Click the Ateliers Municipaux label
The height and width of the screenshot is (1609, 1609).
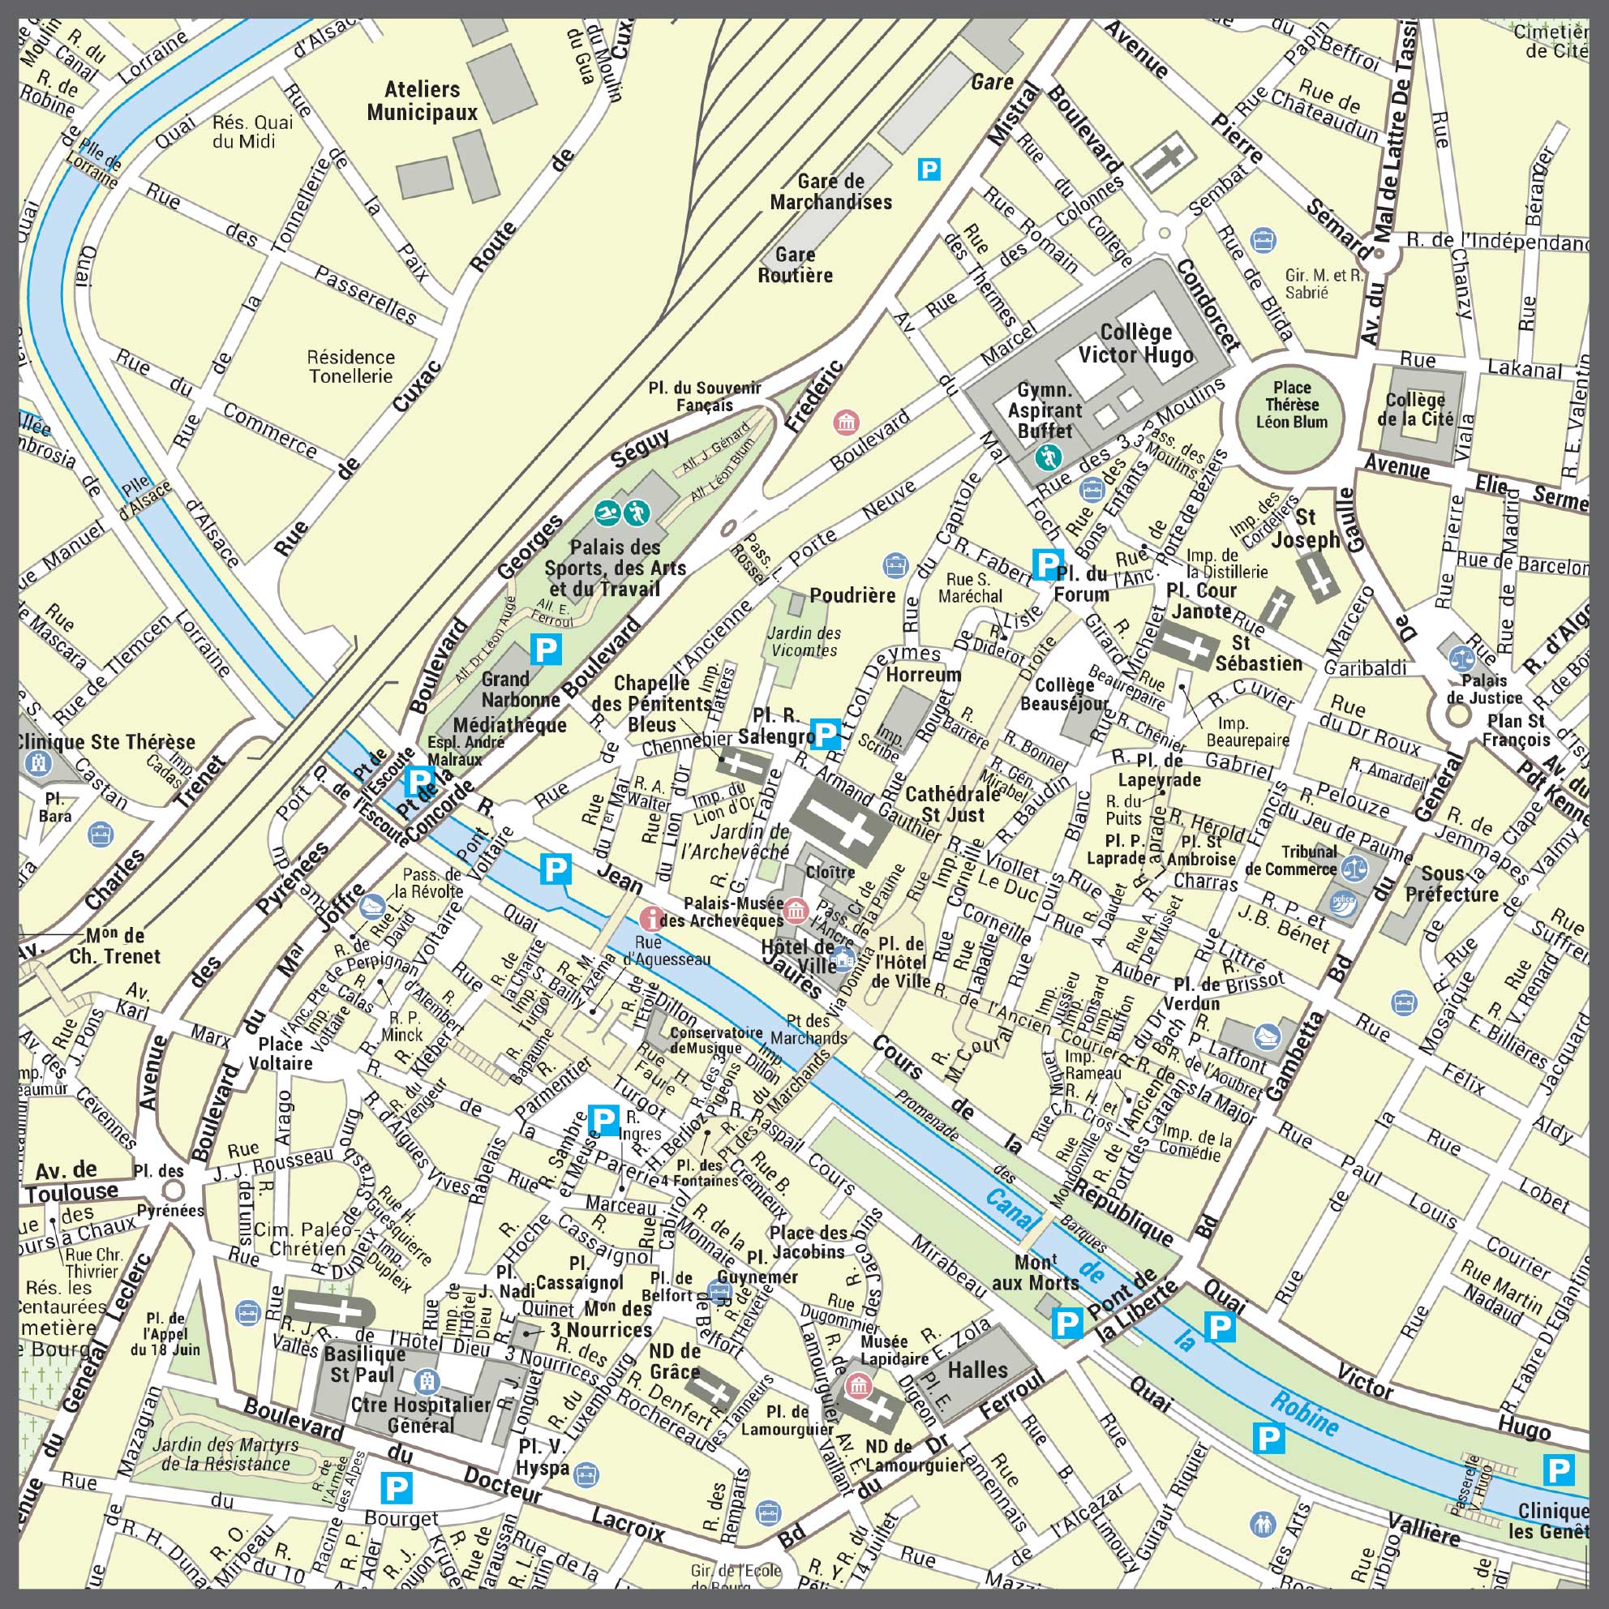coord(423,101)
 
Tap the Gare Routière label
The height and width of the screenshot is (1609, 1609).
coord(795,265)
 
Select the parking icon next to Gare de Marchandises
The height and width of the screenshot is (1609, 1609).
coord(929,169)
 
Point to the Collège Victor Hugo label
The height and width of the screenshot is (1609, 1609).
coord(1136,343)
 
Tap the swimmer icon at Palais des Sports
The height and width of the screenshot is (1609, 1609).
coord(607,513)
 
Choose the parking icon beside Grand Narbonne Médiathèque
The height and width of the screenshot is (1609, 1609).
coord(547,649)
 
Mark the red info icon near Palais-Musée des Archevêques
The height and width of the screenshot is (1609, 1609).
coord(650,919)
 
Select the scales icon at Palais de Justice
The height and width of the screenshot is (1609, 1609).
coord(1461,658)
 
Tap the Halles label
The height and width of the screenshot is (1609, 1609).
coord(978,1370)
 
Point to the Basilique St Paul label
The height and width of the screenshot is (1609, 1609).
coord(364,1364)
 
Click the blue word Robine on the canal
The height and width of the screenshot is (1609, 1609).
coord(1305,1414)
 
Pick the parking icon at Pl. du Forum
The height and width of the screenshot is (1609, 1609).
coord(1045,564)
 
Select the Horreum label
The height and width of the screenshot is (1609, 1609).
coord(923,674)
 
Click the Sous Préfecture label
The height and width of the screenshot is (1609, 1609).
coord(1452,884)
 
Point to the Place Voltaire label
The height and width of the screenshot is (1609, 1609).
coord(281,1053)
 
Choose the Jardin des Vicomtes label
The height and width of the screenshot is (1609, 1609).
coord(804,641)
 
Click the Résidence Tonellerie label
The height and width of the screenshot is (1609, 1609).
coord(350,367)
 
